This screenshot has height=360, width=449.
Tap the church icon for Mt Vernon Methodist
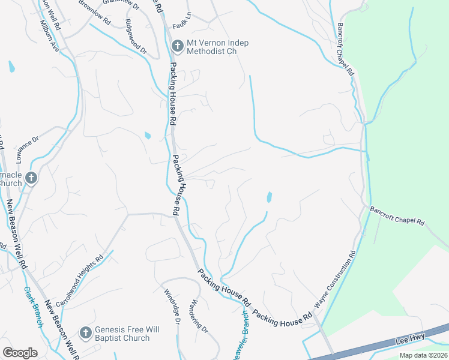(x=177, y=46)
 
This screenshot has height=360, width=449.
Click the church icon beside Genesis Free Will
(x=85, y=332)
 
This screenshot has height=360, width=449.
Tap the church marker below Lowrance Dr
(x=31, y=178)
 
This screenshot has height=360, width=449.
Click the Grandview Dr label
(x=121, y=2)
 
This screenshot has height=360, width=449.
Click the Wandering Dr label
(x=199, y=317)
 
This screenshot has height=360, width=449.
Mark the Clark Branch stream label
(x=34, y=305)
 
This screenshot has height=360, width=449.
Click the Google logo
(x=20, y=353)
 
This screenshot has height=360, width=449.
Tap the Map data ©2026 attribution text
(x=423, y=355)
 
